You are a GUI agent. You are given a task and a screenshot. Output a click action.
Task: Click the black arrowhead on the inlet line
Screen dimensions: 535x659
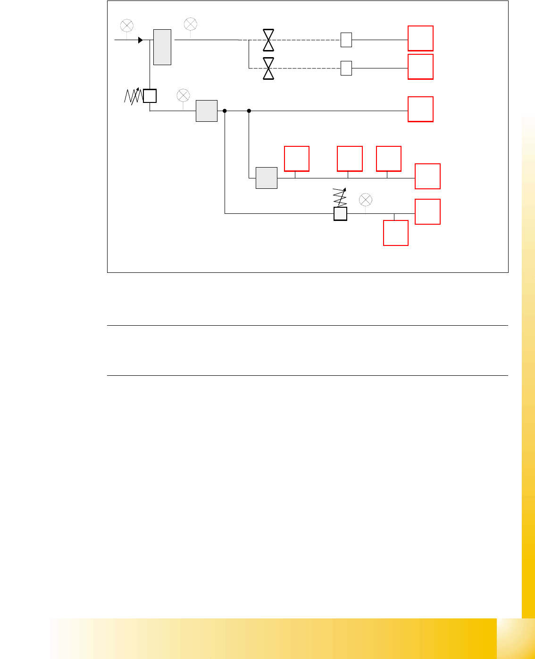[140, 40]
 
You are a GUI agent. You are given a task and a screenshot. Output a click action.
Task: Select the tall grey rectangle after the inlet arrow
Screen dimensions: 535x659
[162, 47]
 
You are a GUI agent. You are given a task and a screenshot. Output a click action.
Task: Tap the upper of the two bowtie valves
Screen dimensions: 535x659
[268, 40]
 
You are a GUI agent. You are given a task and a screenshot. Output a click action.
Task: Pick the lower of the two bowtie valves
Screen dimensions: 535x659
[268, 68]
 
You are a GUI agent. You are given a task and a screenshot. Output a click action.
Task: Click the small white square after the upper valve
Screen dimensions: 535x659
[346, 40]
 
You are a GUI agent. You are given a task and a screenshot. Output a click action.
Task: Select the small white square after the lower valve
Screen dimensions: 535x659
[346, 68]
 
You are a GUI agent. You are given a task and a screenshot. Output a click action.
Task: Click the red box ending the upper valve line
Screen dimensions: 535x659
[420, 38]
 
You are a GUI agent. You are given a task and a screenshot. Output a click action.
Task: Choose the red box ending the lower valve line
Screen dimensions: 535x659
[420, 67]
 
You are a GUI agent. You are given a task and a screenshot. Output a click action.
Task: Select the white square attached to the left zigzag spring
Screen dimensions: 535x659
[150, 96]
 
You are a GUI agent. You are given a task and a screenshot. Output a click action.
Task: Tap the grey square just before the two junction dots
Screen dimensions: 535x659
[207, 111]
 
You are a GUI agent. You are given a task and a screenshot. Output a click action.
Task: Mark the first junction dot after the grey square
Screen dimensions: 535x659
[225, 111]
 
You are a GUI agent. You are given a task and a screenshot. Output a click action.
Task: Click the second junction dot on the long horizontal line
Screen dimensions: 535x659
[249, 111]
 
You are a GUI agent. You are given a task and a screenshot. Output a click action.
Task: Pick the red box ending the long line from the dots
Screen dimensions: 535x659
[420, 109]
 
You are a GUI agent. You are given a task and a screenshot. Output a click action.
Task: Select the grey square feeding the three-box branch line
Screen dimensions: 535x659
[267, 178]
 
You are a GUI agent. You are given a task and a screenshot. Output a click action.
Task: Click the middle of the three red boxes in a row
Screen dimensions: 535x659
[350, 159]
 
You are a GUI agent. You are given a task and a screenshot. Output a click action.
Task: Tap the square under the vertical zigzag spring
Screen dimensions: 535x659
[340, 214]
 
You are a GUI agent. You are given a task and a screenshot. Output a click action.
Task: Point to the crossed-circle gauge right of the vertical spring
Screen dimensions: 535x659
[366, 200]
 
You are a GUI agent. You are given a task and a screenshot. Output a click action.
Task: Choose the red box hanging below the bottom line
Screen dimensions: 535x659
[396, 233]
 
